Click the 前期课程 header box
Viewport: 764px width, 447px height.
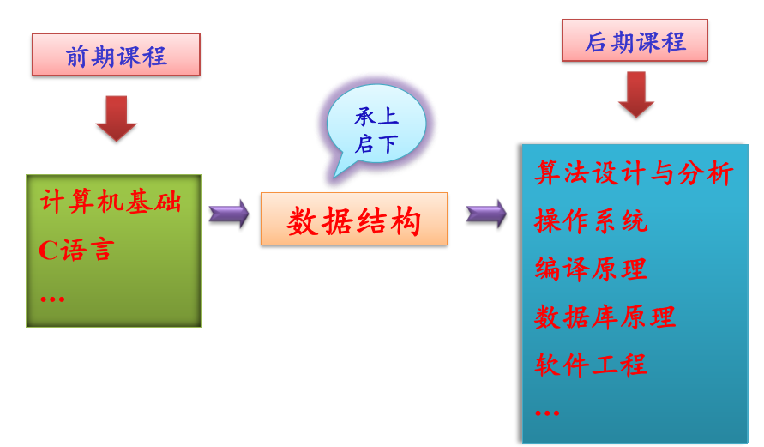116,56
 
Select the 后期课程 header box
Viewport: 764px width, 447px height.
635,41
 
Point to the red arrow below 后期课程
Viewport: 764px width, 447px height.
635,94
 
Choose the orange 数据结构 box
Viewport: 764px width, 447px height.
354,220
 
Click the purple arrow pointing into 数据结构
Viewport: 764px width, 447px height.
229,214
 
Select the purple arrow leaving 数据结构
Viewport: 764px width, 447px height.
486,214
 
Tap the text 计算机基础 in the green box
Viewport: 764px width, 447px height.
111,202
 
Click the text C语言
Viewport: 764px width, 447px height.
76,251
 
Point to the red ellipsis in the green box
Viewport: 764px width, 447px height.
52,299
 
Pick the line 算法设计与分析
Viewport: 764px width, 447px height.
634,173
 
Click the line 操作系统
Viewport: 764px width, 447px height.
591,221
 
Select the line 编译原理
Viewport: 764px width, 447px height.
591,269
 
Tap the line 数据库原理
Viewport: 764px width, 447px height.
605,317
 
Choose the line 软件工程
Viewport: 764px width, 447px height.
591,365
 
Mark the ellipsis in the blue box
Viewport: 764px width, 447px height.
546,413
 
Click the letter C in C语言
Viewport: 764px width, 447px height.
48,251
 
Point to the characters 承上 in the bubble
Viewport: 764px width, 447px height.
376,117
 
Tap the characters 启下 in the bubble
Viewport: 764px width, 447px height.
376,144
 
